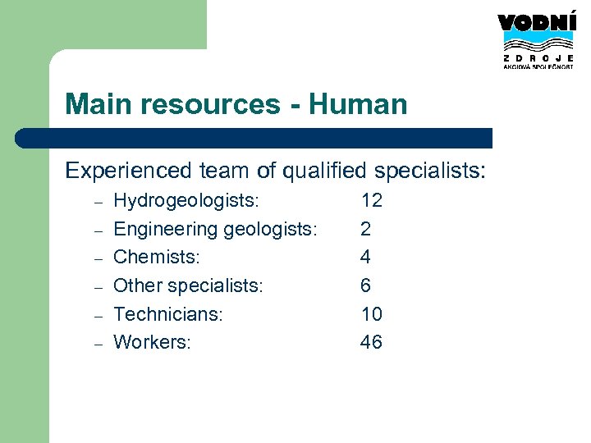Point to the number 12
point(371,200)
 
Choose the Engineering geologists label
point(215,229)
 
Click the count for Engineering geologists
point(365,229)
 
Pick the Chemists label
point(156,257)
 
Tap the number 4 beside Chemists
point(365,257)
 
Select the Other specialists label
point(188,285)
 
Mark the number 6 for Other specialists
point(365,285)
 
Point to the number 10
point(371,313)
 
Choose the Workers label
point(152,342)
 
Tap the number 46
point(371,342)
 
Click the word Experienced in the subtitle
point(129,171)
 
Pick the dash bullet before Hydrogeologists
point(97,202)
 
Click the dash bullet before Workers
point(97,344)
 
